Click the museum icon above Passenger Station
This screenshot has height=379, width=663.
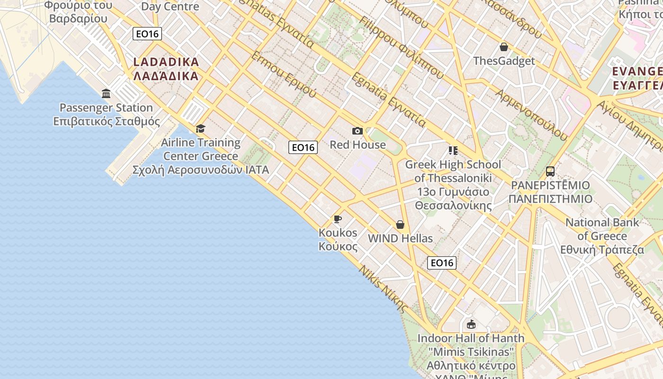(106, 93)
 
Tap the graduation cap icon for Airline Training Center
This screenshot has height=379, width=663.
(200, 128)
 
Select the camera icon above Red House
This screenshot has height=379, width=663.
(358, 131)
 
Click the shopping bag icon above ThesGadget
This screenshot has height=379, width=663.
(504, 47)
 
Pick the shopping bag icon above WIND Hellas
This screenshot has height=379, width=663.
(400, 224)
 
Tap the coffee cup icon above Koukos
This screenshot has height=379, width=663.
(337, 218)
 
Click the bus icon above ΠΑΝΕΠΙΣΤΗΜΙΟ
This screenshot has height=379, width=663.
(550, 171)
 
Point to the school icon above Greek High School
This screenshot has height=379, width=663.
(453, 151)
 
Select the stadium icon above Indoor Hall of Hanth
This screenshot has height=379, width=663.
(471, 324)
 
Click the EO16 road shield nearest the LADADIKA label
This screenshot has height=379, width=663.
(147, 34)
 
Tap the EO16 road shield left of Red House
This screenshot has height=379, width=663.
(303, 147)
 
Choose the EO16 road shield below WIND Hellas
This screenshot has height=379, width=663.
(442, 262)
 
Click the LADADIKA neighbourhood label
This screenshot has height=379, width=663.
(166, 69)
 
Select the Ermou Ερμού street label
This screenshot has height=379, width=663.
(283, 75)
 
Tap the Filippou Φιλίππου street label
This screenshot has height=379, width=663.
(401, 47)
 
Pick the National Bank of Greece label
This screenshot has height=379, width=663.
(602, 236)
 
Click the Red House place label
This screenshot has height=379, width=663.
(358, 144)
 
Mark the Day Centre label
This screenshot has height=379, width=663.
(170, 7)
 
